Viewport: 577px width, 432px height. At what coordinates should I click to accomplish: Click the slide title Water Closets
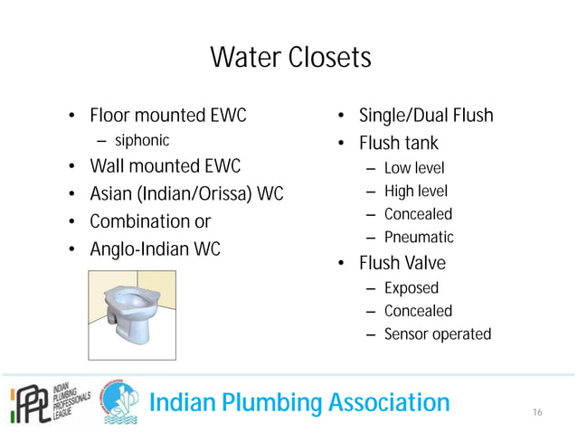point(289,58)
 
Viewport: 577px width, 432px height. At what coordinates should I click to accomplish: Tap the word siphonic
point(141,140)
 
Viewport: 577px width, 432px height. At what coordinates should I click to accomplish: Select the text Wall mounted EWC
point(165,166)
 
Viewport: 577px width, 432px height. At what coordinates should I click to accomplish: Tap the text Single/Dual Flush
point(426,116)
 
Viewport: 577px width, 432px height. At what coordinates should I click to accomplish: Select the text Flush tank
point(399,143)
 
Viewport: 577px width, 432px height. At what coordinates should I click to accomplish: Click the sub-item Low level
point(414,168)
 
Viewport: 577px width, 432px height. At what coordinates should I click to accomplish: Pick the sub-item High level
point(415,191)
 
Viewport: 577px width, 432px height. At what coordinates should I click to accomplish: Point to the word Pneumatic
point(419,238)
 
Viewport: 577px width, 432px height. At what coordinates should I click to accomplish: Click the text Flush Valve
point(402,264)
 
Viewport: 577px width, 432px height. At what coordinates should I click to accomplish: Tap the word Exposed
point(411,288)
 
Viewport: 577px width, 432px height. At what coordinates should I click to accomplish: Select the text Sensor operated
point(437,334)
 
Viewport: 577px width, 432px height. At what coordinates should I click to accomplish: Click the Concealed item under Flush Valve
point(418,311)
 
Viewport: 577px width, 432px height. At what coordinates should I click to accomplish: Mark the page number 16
point(537,412)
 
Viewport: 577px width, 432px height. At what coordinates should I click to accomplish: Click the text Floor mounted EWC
point(167,116)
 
